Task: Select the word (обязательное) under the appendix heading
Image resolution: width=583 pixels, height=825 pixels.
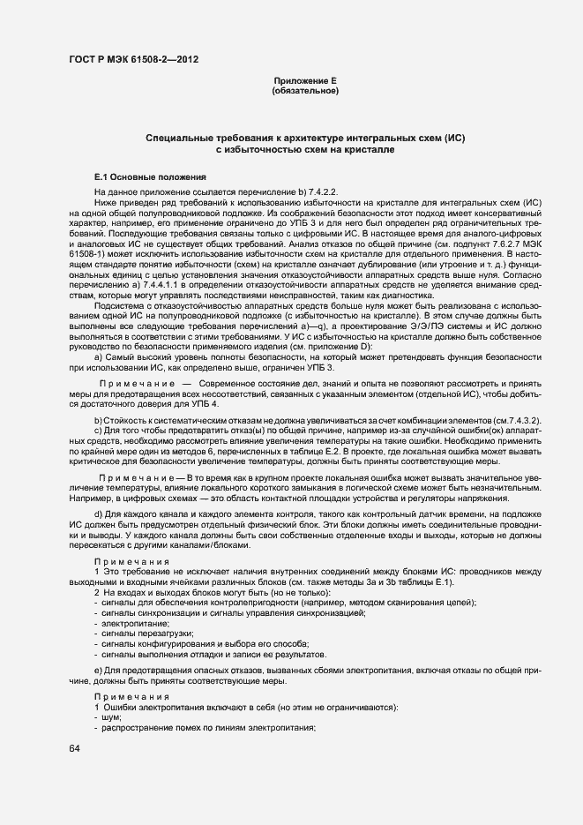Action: pos(305,91)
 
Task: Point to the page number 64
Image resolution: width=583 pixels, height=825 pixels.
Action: pos(74,749)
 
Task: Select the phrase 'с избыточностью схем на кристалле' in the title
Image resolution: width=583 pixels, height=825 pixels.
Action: pos(305,151)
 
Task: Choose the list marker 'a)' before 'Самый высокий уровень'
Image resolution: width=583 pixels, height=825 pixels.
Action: pos(99,356)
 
